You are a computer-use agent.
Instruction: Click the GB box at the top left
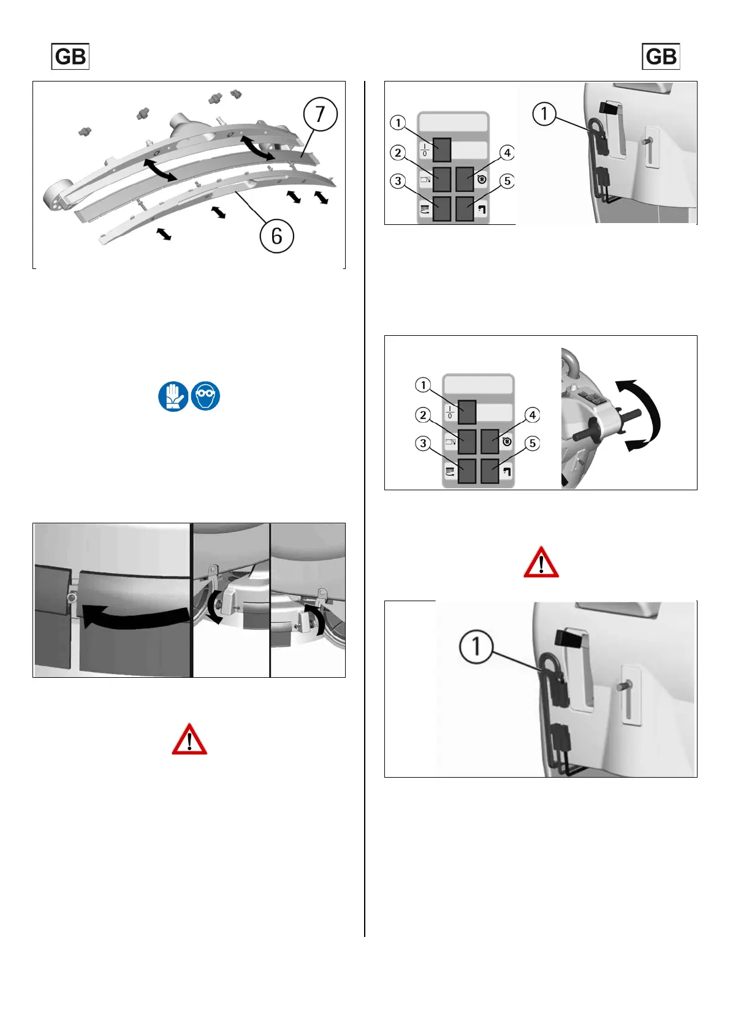coord(70,56)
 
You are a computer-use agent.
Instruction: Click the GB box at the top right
coord(661,56)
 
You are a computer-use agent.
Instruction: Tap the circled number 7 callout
coord(321,114)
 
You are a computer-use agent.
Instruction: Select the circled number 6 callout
coord(276,236)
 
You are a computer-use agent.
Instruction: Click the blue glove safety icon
coord(173,396)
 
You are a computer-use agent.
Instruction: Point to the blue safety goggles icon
coord(205,396)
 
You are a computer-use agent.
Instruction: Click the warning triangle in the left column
coord(189,739)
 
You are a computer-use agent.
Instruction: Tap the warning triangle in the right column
coord(541,562)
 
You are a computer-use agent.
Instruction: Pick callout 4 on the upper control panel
coord(507,153)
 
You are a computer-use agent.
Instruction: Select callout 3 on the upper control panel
coord(398,181)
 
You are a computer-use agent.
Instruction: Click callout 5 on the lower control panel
coord(532,443)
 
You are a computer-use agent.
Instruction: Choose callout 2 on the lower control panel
coord(423,415)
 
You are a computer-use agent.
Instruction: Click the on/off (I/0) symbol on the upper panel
coord(425,150)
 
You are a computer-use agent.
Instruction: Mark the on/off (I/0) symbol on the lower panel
coord(450,412)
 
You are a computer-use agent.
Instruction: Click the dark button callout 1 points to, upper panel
coord(442,150)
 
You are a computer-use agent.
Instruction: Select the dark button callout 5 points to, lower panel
coord(490,471)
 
